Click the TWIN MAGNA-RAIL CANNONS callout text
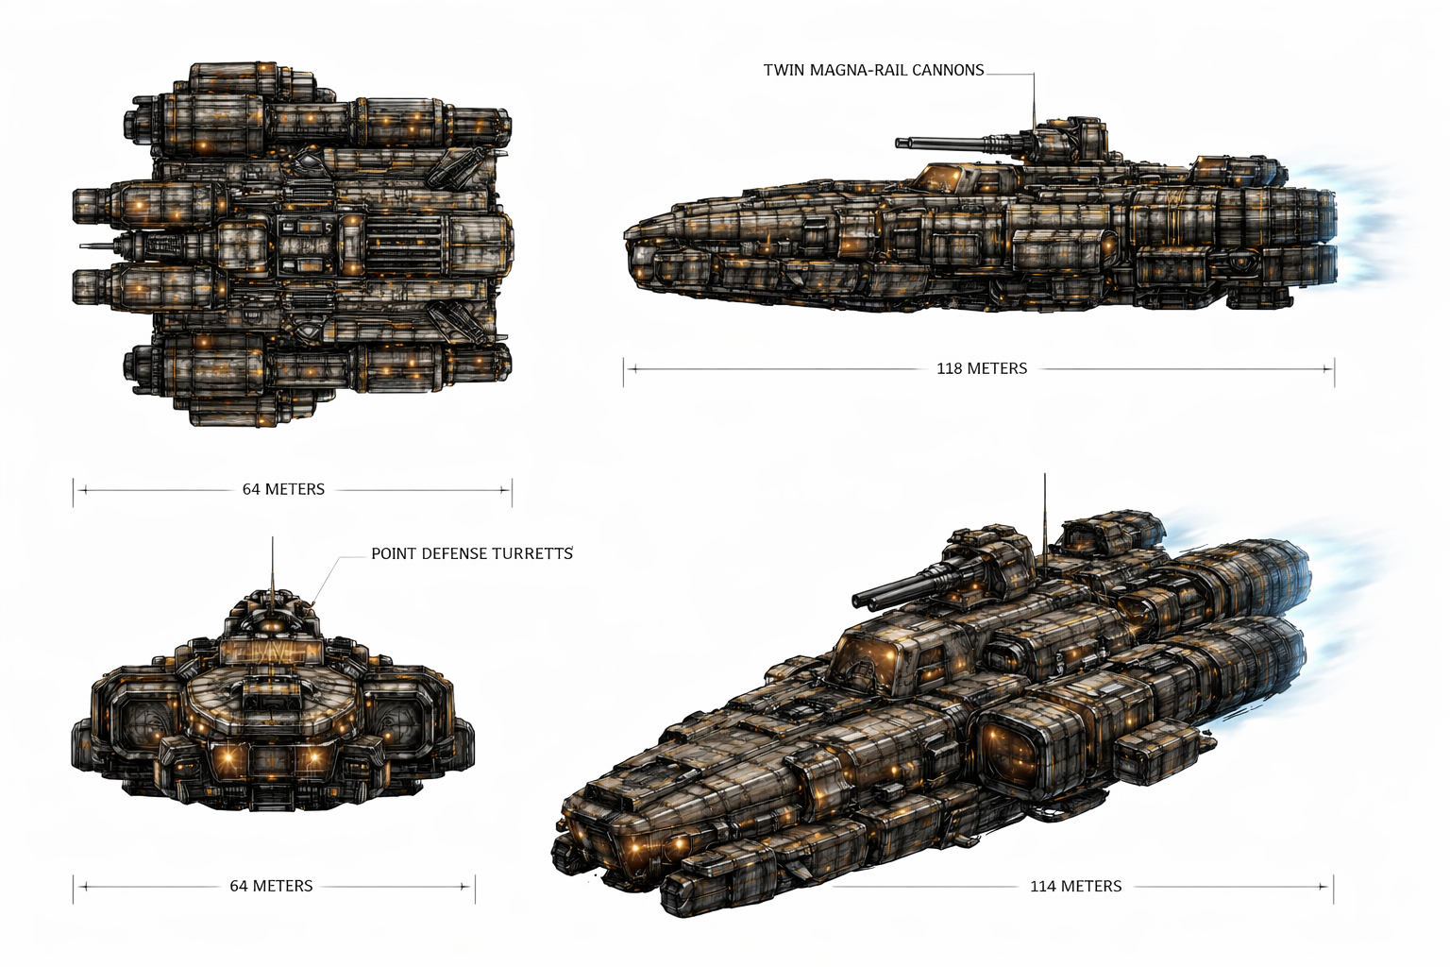click(873, 70)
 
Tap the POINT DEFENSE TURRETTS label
click(471, 553)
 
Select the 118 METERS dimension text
click(981, 368)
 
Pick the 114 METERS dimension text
click(1075, 886)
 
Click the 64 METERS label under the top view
click(283, 489)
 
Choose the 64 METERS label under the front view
click(271, 886)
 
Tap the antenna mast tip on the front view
click(273, 539)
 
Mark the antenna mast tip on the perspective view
click(1045, 476)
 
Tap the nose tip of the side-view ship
click(627, 232)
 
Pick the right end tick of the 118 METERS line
click(1333, 368)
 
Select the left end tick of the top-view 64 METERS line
click(74, 490)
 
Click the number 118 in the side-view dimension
click(950, 368)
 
